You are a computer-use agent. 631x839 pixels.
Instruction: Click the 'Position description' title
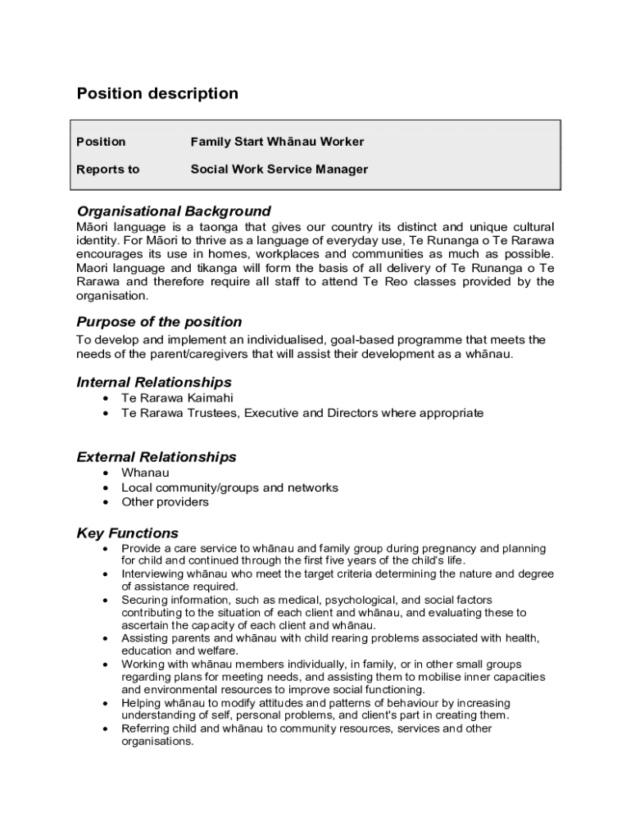157,93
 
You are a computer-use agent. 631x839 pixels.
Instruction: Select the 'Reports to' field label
108,170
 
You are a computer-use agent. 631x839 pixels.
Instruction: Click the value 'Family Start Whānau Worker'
277,142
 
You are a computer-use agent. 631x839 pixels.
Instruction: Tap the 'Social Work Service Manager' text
279,170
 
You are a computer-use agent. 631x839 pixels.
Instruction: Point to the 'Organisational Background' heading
174,211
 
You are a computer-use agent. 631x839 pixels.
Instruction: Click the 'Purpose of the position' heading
159,322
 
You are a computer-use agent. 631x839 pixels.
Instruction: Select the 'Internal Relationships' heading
154,383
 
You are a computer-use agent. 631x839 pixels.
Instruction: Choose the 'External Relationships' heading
157,457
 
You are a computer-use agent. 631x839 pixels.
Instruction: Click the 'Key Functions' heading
127,533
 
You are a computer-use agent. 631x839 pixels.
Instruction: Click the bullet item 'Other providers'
165,502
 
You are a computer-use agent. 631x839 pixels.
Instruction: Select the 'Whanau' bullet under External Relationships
145,473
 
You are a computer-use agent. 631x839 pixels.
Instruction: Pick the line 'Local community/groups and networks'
229,488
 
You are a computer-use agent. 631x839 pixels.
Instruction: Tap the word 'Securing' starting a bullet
144,600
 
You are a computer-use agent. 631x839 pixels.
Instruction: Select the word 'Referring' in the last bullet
146,728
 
